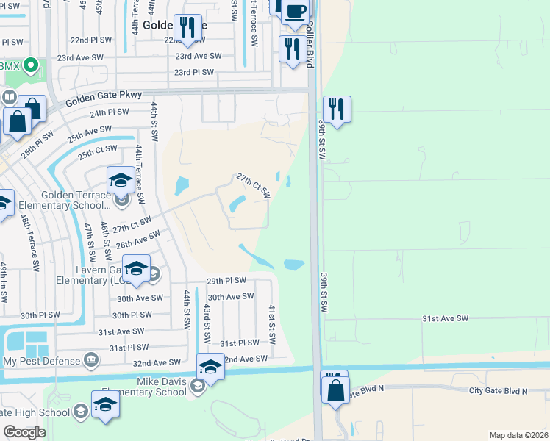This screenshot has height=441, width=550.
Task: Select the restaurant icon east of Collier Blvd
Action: point(336,109)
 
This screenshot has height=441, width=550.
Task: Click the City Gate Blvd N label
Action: point(498,391)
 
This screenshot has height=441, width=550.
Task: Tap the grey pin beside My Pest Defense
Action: point(91,359)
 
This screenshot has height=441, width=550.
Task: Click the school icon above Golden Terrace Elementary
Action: point(121,180)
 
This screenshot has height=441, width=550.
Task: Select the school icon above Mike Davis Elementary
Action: point(210,366)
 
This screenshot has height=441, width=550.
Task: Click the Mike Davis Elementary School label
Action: point(161,386)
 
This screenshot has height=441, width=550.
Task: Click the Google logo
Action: point(24,432)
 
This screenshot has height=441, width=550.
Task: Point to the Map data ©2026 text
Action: point(518,435)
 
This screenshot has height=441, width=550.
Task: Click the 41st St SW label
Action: point(271,324)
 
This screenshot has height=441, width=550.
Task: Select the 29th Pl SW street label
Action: point(226,281)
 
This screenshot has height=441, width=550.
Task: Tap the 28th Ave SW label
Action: point(138,237)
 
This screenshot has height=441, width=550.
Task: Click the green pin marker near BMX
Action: point(31,66)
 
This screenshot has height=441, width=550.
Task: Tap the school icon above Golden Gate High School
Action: point(105,404)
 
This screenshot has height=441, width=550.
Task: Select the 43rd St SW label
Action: point(207,323)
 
